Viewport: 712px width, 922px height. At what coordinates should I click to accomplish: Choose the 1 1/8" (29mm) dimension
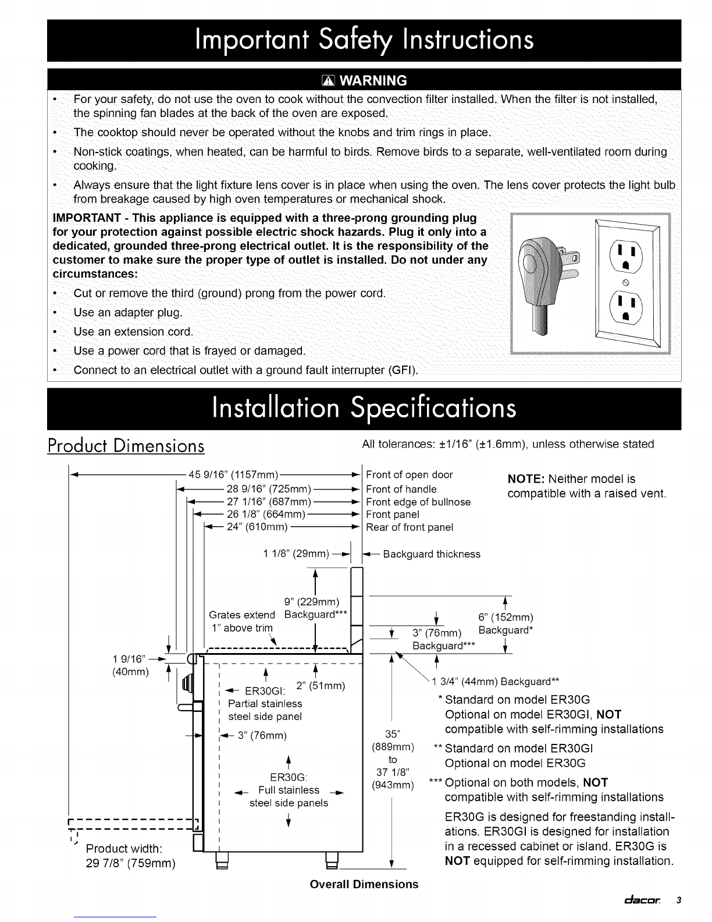[x=297, y=553]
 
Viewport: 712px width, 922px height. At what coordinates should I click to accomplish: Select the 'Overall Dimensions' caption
[x=364, y=884]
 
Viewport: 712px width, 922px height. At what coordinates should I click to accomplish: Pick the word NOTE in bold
[x=525, y=479]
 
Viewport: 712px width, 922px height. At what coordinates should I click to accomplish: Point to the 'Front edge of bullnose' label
[x=418, y=502]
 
